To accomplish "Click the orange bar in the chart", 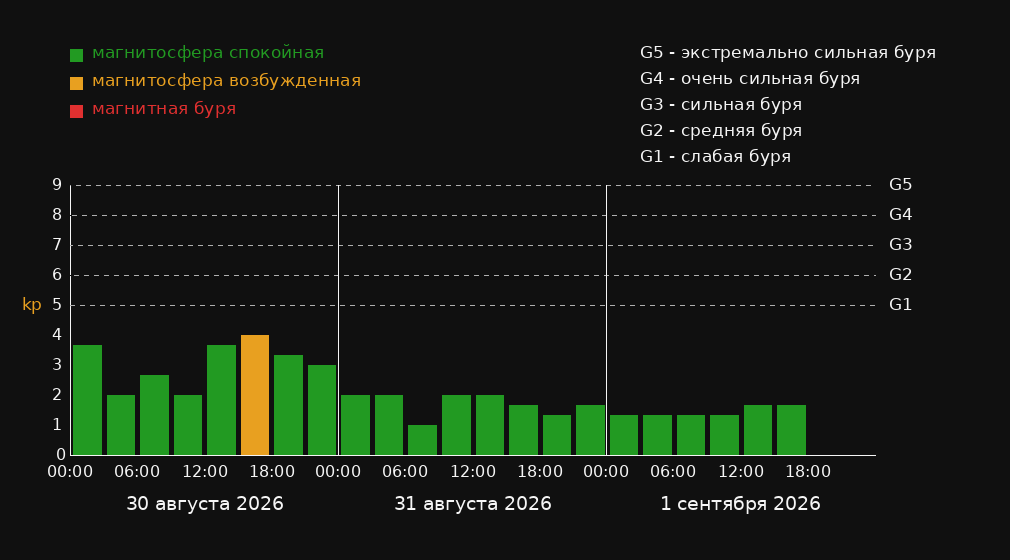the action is tap(255, 395).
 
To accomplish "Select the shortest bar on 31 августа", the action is tap(423, 440).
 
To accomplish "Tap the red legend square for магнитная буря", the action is tap(77, 111).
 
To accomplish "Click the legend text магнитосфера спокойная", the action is tap(208, 53).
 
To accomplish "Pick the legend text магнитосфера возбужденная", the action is tap(227, 81).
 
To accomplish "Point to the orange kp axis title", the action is tap(32, 305).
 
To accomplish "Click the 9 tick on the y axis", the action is tap(57, 185).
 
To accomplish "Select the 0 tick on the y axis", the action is tap(61, 455).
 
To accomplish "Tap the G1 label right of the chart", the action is tap(900, 305).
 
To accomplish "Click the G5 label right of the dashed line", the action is tap(900, 185).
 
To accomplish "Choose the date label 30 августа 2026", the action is tap(205, 504).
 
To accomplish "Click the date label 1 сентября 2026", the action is tap(741, 504).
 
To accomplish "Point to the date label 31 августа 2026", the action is tap(473, 504).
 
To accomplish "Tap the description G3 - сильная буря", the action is tap(721, 104).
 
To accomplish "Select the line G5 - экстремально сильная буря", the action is tap(788, 53).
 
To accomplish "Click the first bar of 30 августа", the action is tap(88, 400).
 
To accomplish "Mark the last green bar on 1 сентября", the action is tap(791, 430).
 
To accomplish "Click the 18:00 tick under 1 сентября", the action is tap(808, 472).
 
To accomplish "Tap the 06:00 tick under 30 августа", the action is tap(137, 472).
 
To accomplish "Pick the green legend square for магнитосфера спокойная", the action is tap(77, 55).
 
